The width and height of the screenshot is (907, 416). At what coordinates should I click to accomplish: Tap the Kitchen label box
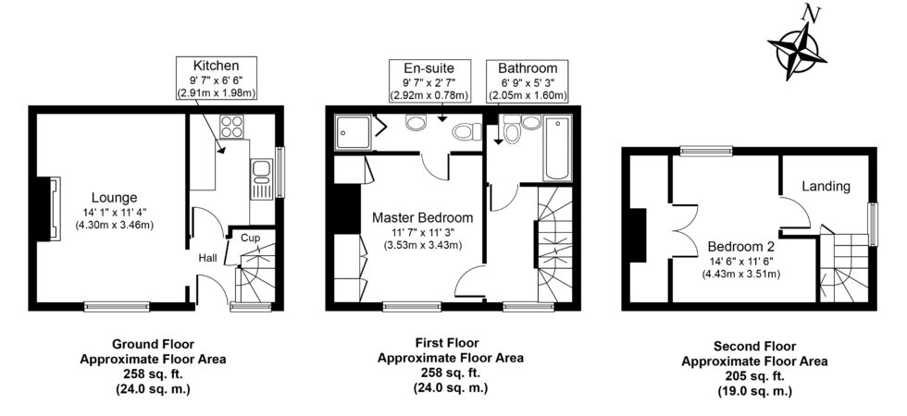tap(217, 79)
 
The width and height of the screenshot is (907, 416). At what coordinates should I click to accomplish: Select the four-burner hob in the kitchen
tap(231, 128)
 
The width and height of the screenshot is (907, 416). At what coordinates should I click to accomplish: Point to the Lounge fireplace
tap(47, 208)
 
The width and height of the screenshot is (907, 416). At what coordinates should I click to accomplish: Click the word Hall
tap(208, 258)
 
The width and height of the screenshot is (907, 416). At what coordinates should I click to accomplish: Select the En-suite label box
tap(429, 81)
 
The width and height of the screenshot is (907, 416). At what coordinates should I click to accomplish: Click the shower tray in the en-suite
tap(352, 131)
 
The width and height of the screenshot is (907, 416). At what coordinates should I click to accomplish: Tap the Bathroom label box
tap(527, 81)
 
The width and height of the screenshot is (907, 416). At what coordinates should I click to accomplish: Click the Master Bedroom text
tap(422, 218)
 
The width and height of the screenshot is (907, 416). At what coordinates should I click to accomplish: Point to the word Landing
tap(826, 187)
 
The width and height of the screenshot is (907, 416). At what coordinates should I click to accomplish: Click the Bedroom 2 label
tap(741, 247)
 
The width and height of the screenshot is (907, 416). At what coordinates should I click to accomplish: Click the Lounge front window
tap(117, 307)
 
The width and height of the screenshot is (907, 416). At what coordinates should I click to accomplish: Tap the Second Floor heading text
tap(754, 348)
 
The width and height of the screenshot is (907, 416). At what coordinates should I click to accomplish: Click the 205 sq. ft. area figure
tap(754, 377)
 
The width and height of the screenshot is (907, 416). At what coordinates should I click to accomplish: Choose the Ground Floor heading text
tap(153, 344)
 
